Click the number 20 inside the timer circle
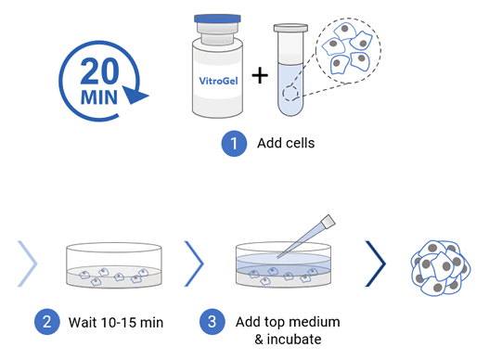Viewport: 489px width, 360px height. [99, 71]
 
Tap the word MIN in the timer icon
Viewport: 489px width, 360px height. [99, 97]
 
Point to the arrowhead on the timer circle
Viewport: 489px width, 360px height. [135, 95]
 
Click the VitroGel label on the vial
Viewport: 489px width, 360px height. [218, 81]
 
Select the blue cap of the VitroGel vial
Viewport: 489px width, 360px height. [217, 19]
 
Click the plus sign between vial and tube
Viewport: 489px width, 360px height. [260, 75]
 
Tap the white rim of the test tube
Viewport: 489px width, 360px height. [290, 28]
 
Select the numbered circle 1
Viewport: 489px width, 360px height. [234, 144]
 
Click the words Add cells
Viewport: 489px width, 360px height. [286, 143]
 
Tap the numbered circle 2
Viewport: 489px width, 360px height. [46, 322]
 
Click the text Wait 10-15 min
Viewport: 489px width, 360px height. [116, 322]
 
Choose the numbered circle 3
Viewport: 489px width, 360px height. [212, 322]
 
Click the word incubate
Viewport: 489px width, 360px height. [294, 339]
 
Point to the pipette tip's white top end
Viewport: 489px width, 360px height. [328, 221]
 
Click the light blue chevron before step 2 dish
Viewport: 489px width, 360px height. [28, 264]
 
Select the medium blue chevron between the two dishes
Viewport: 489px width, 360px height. [194, 264]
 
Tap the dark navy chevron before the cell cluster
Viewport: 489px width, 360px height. [376, 264]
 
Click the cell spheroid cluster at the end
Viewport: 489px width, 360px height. [441, 267]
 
